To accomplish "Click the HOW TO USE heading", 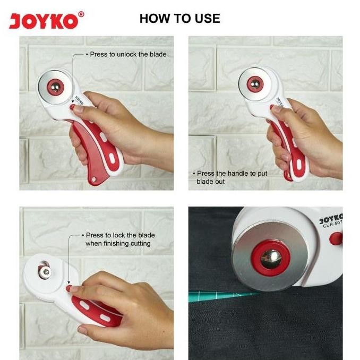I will tap(179, 19).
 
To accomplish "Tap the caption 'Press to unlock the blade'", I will tap(128, 54).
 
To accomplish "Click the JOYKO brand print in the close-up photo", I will tap(331, 219).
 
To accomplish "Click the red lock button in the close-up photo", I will tap(335, 238).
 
